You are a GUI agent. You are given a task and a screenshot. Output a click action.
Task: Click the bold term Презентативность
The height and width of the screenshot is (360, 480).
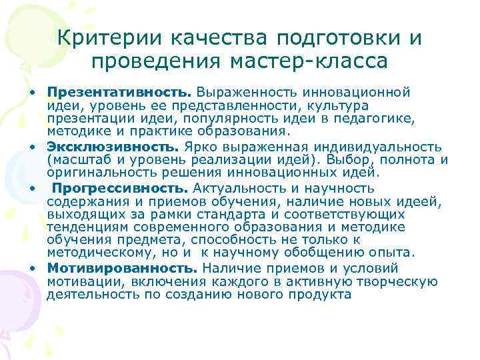pos(100,91)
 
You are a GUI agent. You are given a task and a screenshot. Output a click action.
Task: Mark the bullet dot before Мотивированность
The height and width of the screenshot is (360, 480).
pos(31,268)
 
